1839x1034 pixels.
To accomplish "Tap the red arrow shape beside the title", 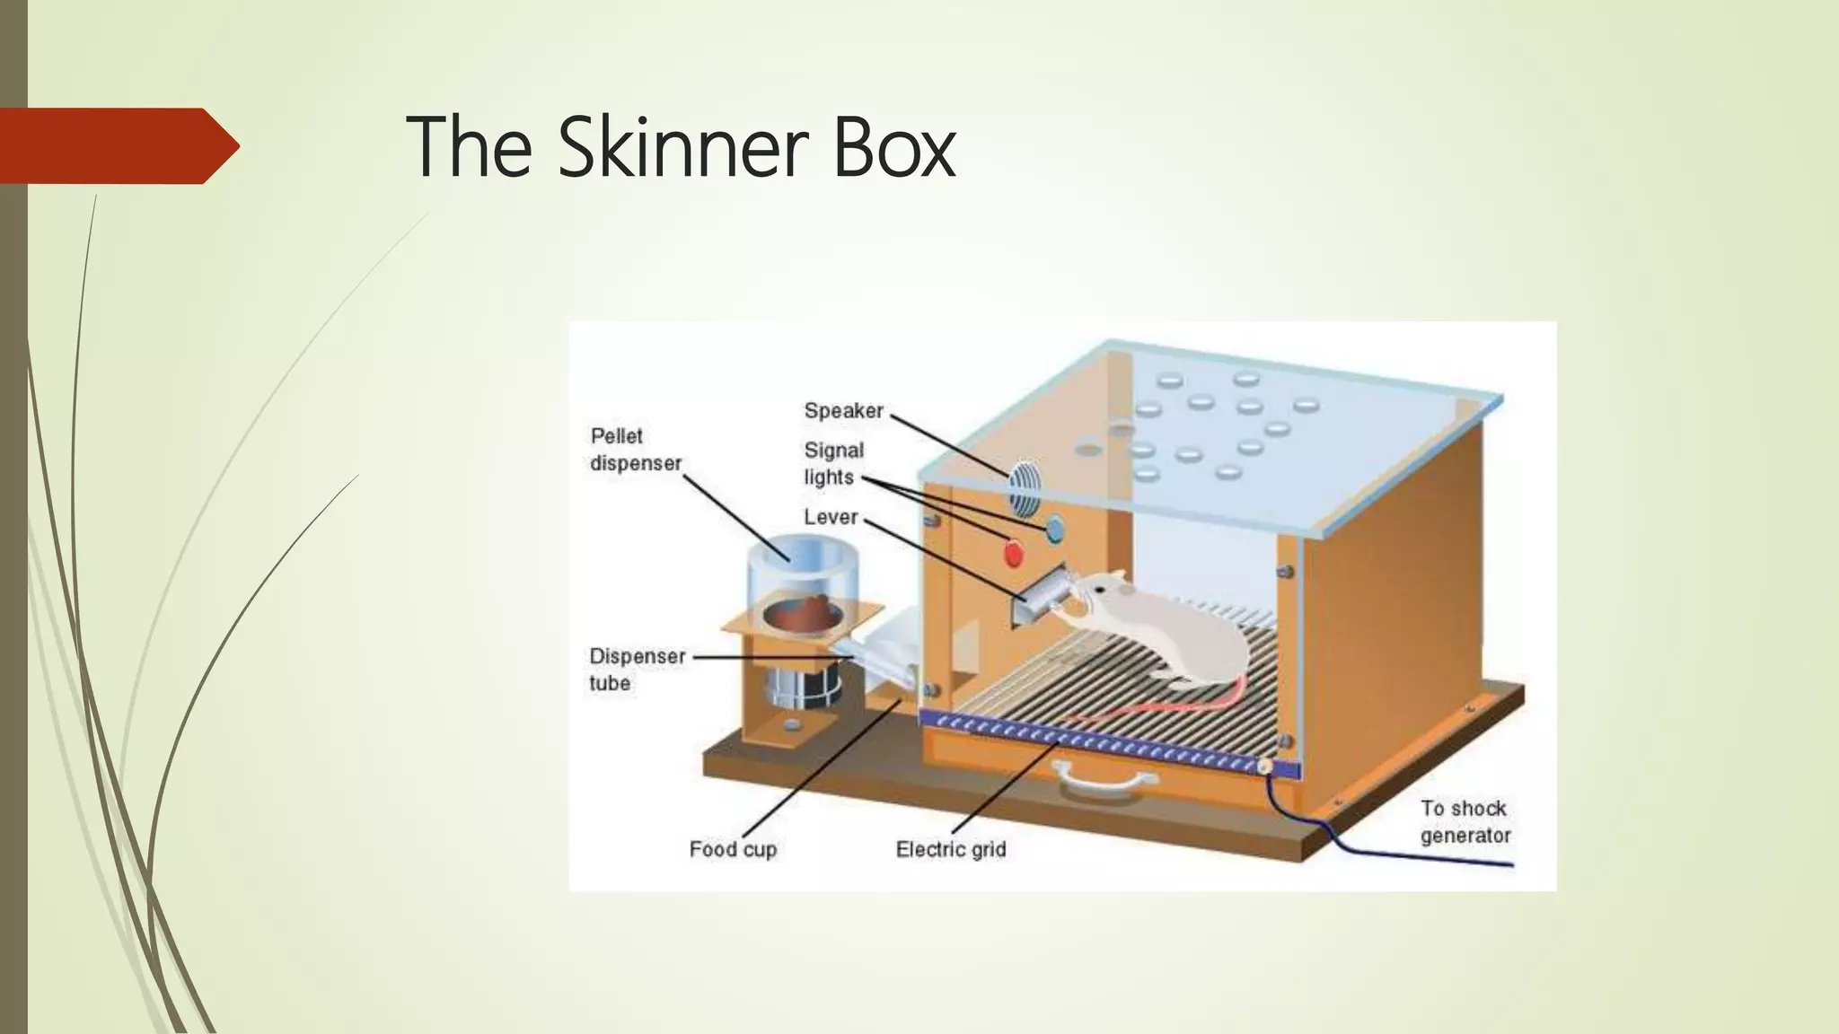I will [x=117, y=145].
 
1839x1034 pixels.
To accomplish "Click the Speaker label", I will [x=843, y=411].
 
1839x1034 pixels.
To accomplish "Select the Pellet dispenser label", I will [x=635, y=450].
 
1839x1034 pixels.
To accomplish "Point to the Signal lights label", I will [x=832, y=463].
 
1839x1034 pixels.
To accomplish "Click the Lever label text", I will [x=831, y=518].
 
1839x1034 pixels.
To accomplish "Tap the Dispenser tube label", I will [x=636, y=670].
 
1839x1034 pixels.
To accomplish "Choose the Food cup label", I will [x=732, y=849].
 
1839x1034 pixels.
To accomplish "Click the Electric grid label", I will [x=950, y=849].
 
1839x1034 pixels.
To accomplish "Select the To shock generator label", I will [x=1465, y=821].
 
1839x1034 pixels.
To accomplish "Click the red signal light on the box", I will [x=1013, y=554].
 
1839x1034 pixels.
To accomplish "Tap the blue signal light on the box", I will [x=1054, y=527].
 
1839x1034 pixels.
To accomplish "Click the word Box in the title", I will [x=893, y=148].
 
